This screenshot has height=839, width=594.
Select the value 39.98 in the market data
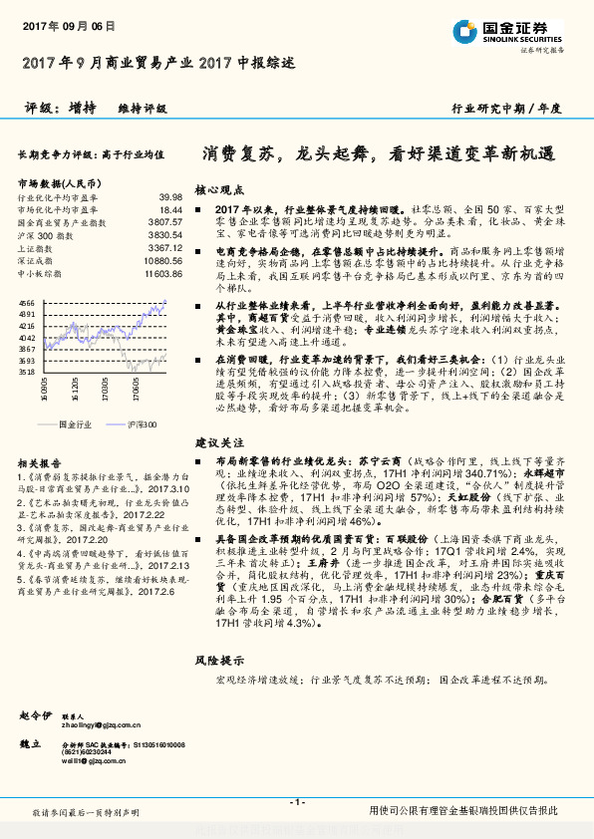[x=170, y=198]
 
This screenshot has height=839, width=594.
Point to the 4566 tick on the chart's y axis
[x=27, y=302]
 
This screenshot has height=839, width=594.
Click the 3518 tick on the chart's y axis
[x=27, y=371]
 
